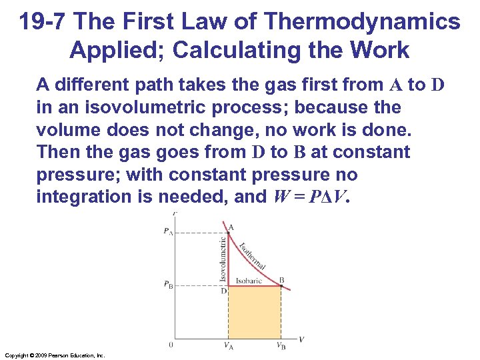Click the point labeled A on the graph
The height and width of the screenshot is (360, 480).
pos(228,233)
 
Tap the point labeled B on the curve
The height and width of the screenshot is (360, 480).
pos(281,286)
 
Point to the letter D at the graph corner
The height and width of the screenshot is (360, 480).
pos(224,291)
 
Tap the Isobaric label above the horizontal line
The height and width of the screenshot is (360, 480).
pos(249,281)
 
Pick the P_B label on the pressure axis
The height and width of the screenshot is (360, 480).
pos(167,285)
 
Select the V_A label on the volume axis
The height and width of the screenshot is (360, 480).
pos(229,346)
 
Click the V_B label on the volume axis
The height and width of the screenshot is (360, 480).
pos(281,346)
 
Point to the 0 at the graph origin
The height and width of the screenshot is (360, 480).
pos(171,345)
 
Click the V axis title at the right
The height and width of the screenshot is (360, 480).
pos(301,339)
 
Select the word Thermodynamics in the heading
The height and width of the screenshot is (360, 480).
pos(364,22)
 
